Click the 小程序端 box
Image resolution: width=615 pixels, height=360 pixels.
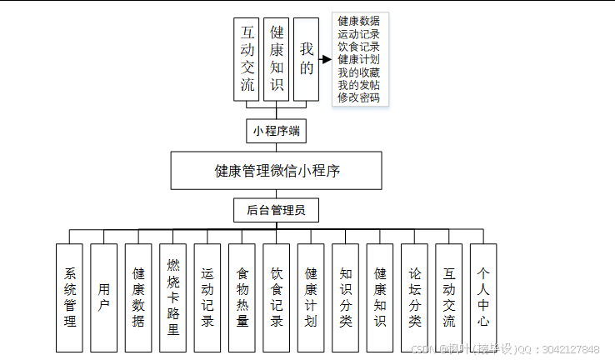coord(277,131)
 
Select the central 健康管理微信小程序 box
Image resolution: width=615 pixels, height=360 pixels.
coord(277,171)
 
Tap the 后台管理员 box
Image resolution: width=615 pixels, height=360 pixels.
coord(277,210)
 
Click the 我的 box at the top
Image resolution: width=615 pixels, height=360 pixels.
coord(307,60)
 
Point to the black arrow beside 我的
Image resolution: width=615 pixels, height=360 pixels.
coord(327,59)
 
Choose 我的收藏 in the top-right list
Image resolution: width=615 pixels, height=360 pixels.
coord(359,72)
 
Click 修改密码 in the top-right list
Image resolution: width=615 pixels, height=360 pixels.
coord(359,97)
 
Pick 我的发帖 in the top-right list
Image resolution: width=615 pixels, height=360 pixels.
coord(359,85)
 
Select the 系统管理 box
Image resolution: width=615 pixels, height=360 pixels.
coord(69,297)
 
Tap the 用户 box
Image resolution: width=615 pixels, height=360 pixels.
coord(104,297)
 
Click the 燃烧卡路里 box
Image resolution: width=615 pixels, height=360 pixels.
coord(172,297)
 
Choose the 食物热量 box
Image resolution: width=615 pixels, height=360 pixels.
coord(242,297)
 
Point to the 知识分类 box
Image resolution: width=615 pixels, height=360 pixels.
coord(346,297)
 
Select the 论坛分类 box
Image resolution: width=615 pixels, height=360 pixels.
coord(414,297)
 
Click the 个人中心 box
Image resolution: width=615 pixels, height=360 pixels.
coord(483,297)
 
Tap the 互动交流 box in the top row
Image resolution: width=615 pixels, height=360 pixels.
coord(247,60)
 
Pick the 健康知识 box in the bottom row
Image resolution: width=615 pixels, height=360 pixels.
coord(380,297)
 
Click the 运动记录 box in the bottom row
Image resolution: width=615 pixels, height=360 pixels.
coord(207,297)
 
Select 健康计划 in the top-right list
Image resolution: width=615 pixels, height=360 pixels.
coord(359,60)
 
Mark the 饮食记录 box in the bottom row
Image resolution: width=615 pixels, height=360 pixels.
coord(277,297)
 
